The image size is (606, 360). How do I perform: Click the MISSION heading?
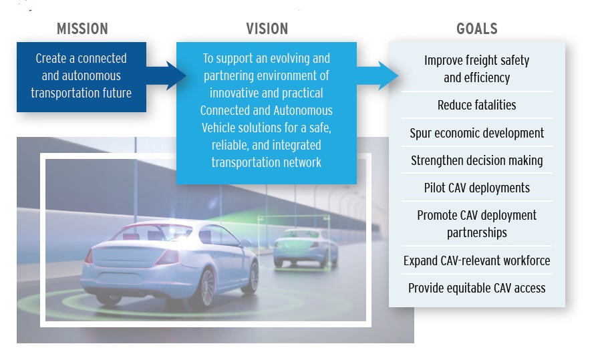(x=82, y=29)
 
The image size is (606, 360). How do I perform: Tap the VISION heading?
(x=267, y=29)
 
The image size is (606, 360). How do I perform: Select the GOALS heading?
(x=477, y=29)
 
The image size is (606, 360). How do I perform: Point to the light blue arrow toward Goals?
(x=377, y=75)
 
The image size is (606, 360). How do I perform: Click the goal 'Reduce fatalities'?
(x=476, y=105)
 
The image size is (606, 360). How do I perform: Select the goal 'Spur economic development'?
(x=476, y=134)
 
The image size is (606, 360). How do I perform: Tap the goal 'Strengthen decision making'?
(x=476, y=161)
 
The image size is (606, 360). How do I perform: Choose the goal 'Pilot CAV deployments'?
(x=476, y=188)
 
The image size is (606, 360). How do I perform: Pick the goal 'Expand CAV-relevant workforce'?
(x=476, y=260)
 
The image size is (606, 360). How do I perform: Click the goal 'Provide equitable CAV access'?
(x=476, y=288)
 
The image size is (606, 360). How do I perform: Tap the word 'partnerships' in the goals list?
(x=476, y=233)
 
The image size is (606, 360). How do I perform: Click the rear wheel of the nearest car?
(x=206, y=288)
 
